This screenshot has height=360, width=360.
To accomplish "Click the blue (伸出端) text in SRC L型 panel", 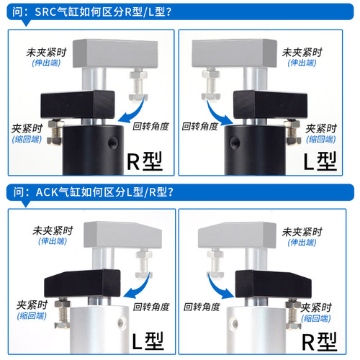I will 298,63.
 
